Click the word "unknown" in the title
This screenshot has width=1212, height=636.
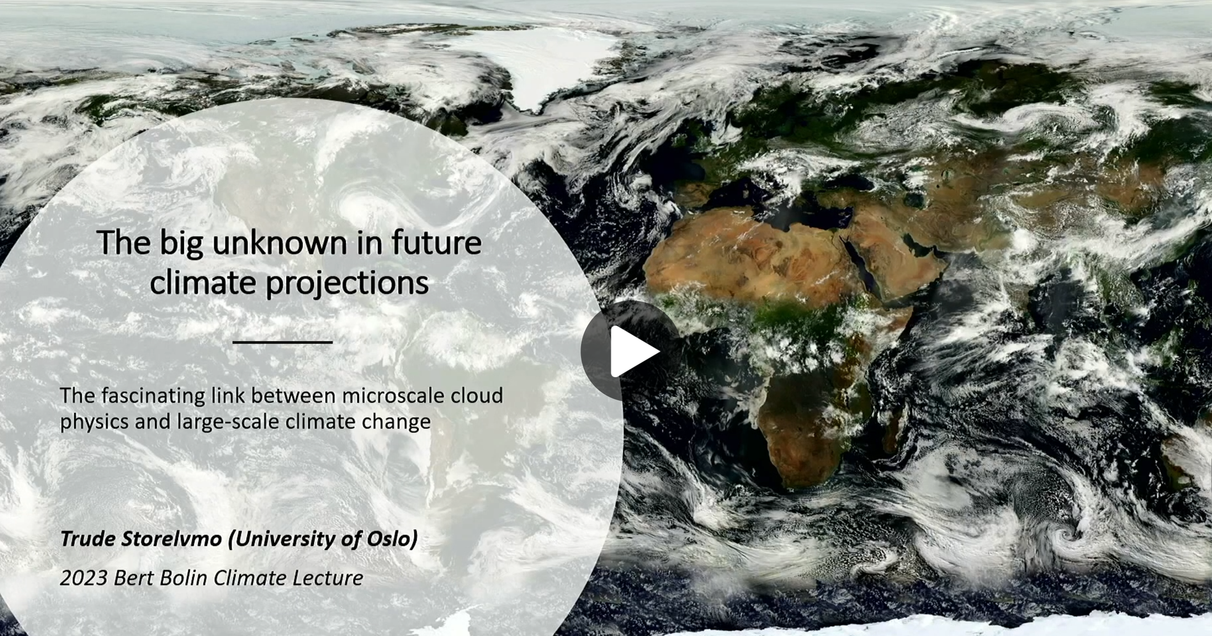click(x=279, y=243)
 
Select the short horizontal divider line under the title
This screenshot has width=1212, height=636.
click(x=283, y=342)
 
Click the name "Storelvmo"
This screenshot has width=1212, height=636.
click(x=172, y=539)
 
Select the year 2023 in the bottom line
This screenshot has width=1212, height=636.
click(x=84, y=578)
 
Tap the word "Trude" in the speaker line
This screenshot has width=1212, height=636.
click(x=88, y=539)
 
